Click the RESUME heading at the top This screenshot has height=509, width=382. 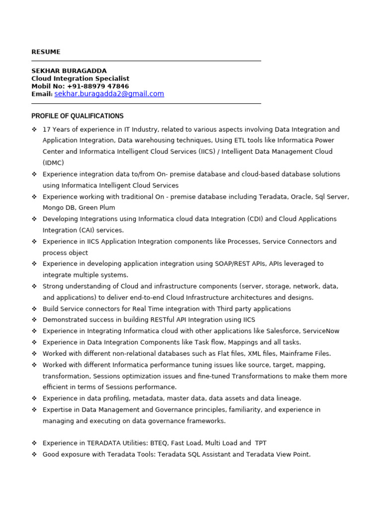click(x=46, y=52)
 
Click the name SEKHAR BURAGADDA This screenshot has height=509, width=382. click(x=69, y=71)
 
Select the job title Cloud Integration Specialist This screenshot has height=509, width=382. click(x=80, y=79)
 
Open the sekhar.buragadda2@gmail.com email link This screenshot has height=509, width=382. click(x=109, y=93)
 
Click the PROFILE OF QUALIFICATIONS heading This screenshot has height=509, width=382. click(x=77, y=116)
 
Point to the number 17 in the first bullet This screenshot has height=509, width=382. click(x=47, y=129)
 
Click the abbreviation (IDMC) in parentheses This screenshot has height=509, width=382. click(x=53, y=163)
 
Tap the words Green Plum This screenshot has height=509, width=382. click(x=97, y=208)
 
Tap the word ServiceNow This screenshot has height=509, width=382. click(x=322, y=331)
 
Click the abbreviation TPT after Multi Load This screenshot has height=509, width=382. click(x=261, y=443)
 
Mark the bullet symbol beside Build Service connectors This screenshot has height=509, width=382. click(x=34, y=309)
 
